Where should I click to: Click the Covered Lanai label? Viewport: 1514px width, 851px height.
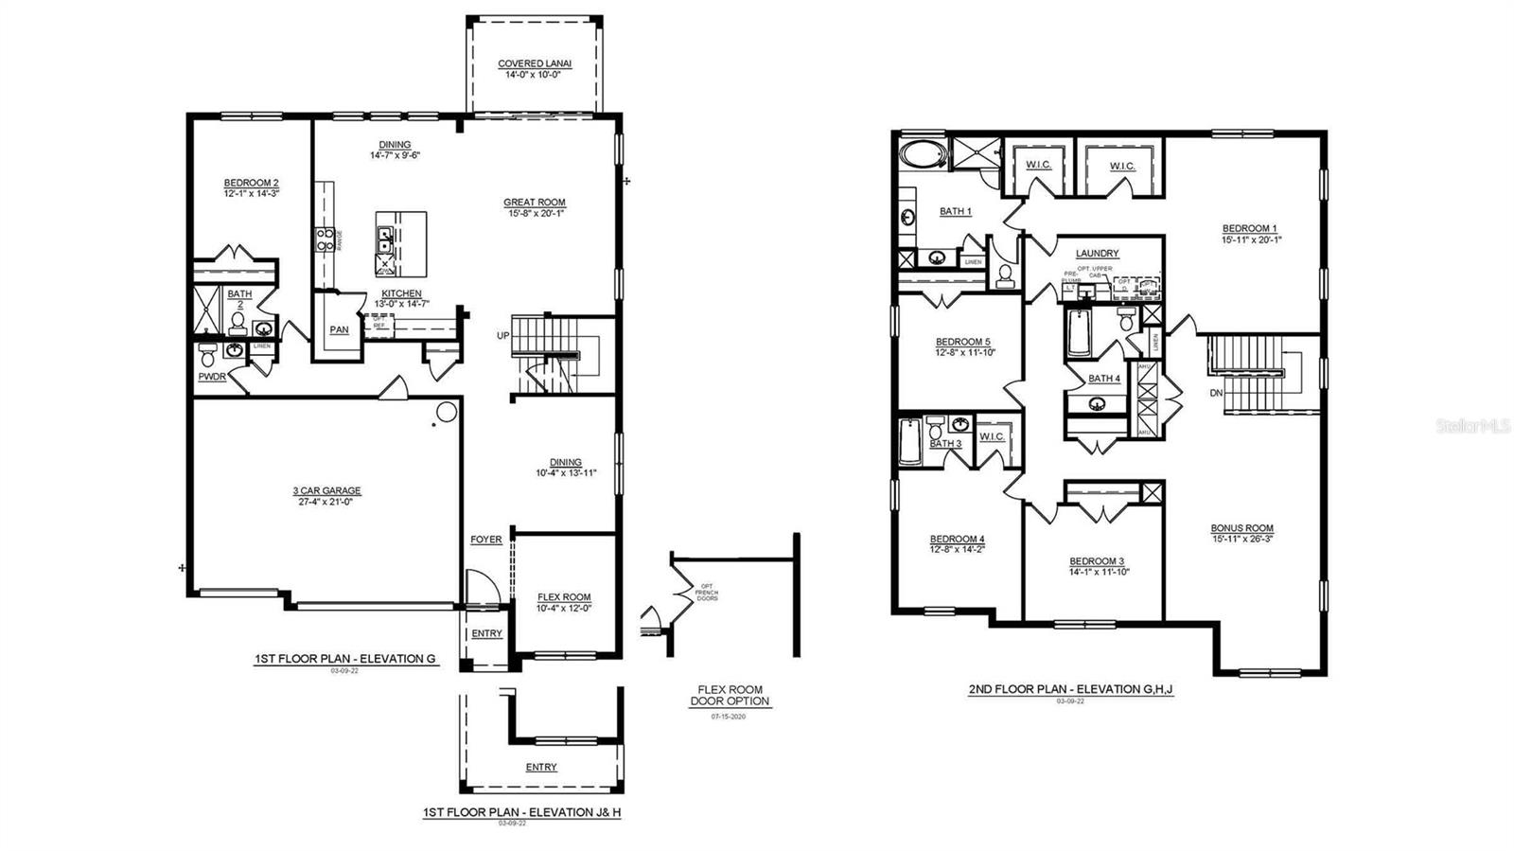click(x=535, y=64)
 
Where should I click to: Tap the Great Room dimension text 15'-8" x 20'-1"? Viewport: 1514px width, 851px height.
click(x=535, y=213)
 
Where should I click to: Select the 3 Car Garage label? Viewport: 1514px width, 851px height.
click(x=326, y=490)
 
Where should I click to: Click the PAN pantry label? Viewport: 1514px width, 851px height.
click(x=339, y=330)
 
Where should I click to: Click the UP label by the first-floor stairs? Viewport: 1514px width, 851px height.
click(x=503, y=335)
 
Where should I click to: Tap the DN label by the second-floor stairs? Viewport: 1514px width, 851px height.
click(x=1216, y=392)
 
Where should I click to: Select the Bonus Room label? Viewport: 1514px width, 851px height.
click(x=1241, y=528)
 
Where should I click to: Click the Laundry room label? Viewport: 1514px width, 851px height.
click(x=1097, y=254)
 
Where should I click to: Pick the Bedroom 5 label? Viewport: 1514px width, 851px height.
click(x=962, y=342)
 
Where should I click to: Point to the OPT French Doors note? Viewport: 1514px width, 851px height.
click(x=708, y=593)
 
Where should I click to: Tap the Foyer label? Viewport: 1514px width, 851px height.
click(x=486, y=540)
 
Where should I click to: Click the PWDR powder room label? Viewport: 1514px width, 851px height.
click(x=212, y=377)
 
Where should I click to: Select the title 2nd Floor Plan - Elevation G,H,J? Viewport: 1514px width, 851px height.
click(x=1070, y=689)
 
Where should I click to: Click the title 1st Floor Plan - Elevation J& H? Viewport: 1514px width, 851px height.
click(x=521, y=812)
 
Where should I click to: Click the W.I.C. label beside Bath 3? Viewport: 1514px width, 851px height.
click(x=992, y=436)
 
